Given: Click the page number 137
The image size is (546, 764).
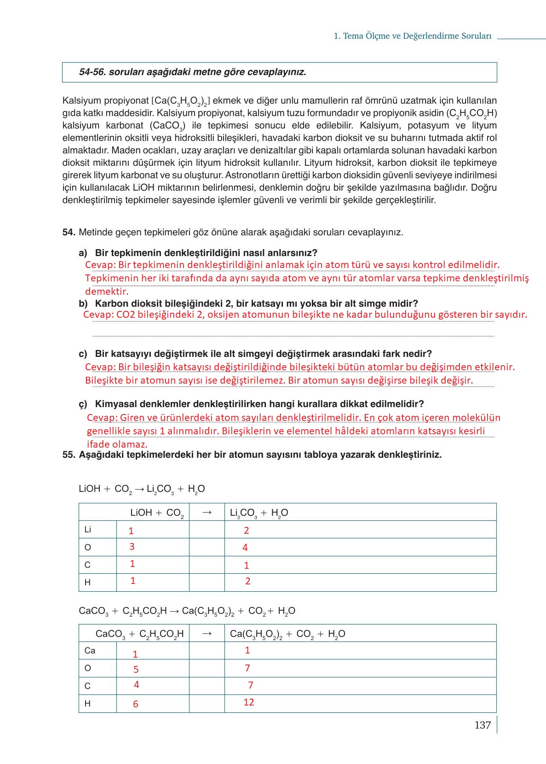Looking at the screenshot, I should tap(483, 725).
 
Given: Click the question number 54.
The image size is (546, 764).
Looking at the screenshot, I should tap(69, 233).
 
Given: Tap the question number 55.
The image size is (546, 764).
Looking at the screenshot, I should tap(69, 455).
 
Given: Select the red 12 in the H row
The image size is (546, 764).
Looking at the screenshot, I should tap(249, 702).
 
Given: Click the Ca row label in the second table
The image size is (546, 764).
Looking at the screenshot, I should tap(90, 651).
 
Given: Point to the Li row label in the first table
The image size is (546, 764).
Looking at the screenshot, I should tap(87, 530).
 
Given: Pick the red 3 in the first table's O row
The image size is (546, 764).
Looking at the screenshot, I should tap(132, 547).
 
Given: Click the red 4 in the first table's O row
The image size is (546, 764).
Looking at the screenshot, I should tap(245, 548).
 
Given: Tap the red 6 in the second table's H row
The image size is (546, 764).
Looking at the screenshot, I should tap(136, 704).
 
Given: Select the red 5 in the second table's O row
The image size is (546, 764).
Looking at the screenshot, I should tap(136, 670).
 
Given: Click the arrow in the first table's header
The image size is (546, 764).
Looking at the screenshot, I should tap(207, 513).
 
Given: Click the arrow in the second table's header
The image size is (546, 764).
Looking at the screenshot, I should tap(207, 634).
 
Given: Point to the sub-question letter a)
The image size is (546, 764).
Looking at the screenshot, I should tap(83, 253).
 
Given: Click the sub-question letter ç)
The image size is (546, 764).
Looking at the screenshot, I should tap(83, 404).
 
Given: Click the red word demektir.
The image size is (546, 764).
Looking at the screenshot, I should tap(106, 292).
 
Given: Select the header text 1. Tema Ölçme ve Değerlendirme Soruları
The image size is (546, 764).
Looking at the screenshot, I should tap(412, 36).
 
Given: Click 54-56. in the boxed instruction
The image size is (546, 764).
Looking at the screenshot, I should tap(92, 72).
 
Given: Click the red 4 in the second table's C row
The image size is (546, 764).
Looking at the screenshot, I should tap(137, 685).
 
